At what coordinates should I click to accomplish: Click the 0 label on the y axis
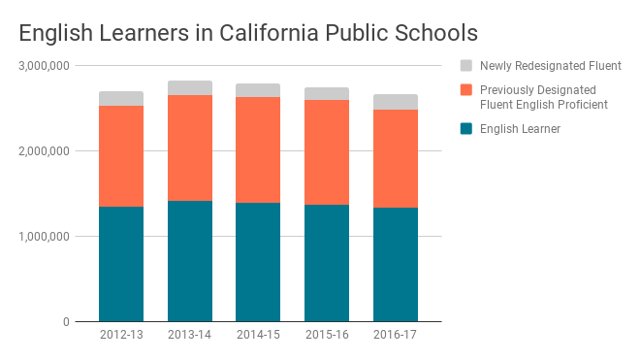tap(65, 322)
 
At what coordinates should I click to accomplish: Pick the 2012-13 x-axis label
tap(121, 335)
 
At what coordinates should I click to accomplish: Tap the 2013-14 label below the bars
tap(190, 335)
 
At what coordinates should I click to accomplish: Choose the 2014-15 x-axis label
tap(258, 335)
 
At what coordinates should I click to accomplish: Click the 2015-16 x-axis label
tap(327, 335)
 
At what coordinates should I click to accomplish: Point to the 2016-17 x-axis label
tap(396, 335)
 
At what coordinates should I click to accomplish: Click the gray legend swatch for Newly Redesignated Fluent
tap(466, 66)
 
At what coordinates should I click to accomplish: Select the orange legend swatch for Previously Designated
tap(466, 90)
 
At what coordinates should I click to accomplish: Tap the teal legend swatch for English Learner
tap(466, 128)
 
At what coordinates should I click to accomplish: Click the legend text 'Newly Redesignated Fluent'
tap(550, 66)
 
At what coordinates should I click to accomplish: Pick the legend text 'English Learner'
tap(521, 128)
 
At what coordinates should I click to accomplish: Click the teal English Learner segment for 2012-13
tap(121, 264)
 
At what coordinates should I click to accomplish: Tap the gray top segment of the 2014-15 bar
tap(258, 90)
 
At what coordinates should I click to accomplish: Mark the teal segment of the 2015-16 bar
tap(327, 263)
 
